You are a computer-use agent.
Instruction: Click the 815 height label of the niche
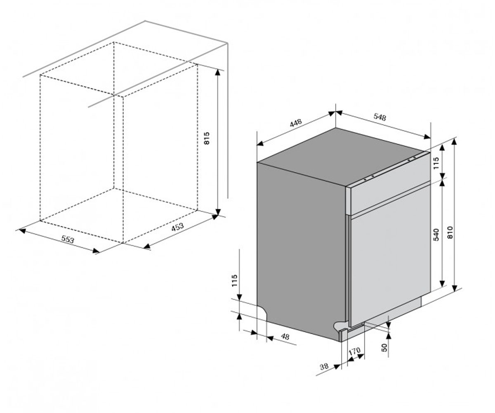click(207, 138)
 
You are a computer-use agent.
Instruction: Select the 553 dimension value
click(68, 239)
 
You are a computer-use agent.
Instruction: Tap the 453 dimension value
click(177, 227)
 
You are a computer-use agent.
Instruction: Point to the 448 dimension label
click(296, 123)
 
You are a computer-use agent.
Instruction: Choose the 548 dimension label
click(380, 117)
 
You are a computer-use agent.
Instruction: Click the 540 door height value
click(436, 235)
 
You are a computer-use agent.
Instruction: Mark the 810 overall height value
click(450, 233)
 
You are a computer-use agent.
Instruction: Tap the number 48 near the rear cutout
click(285, 336)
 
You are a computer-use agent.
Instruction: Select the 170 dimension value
click(355, 351)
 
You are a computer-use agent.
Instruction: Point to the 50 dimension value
click(384, 347)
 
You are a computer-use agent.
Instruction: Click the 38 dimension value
click(324, 366)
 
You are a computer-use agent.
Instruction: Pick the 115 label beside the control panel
click(436, 163)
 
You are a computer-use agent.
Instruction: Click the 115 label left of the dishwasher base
click(234, 280)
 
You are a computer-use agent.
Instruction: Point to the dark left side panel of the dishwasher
click(301, 249)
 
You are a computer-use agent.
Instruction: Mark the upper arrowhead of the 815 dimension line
click(218, 72)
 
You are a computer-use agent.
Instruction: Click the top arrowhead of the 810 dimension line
click(454, 142)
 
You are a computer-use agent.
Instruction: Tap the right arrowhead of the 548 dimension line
click(427, 137)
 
